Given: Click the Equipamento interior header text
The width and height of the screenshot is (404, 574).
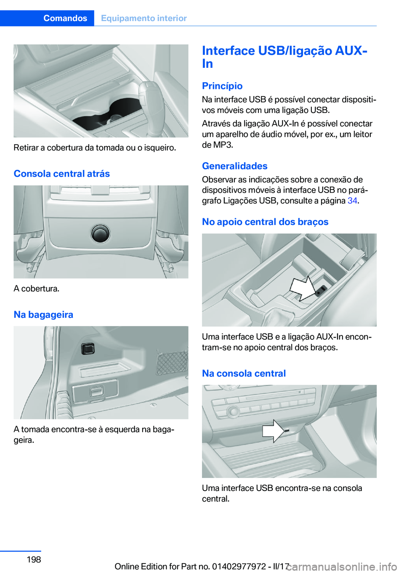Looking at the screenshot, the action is point(144,18).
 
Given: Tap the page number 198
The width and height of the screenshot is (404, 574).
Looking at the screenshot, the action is point(34,559).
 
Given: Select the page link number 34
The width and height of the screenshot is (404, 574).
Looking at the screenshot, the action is point(352,200).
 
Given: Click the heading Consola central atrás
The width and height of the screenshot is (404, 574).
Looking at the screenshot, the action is point(62,174).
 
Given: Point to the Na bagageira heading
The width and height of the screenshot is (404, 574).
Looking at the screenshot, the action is point(43,314).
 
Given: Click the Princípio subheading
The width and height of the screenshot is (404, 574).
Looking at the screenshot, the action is point(222,86).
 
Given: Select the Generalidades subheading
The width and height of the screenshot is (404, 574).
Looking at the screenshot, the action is point(235,166).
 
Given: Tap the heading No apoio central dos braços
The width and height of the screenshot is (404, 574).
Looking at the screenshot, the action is point(265,222).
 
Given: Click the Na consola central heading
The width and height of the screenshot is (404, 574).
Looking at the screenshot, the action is point(244,373).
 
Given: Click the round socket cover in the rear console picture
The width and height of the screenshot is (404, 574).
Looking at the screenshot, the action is point(101,234).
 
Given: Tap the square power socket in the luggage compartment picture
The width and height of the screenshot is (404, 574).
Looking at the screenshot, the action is point(88,349).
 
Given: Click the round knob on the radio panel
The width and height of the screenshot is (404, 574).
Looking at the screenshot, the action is point(233,412).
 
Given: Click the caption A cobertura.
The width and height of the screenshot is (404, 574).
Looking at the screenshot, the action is point(36,289).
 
